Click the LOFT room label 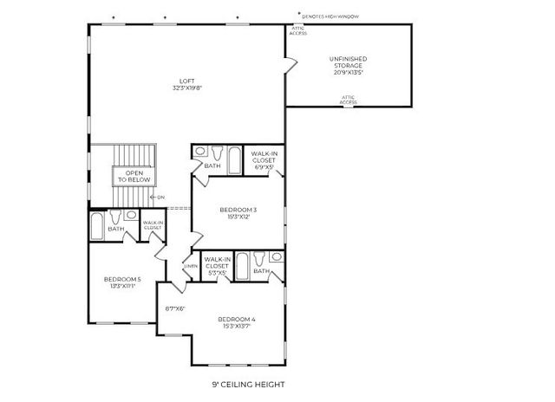(186, 82)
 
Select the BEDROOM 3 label (238, 211)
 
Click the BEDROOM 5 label (121, 279)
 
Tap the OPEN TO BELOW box (134, 176)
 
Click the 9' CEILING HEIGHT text (248, 384)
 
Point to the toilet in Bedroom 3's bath (200, 153)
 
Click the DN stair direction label (160, 198)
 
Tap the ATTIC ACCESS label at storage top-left (297, 31)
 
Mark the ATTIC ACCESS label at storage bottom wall (349, 100)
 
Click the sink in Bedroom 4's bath (276, 257)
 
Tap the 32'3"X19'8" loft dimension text (186, 89)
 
